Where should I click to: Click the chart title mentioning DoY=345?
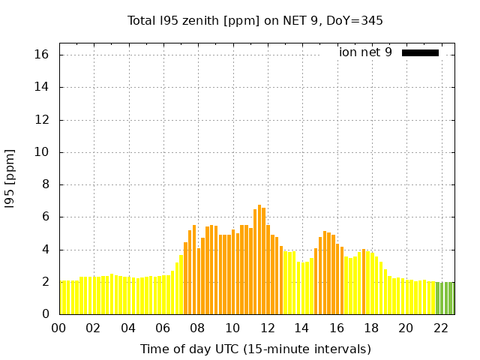coord(255,21)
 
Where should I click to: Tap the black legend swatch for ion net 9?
coord(420,52)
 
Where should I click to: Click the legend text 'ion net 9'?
coord(365,52)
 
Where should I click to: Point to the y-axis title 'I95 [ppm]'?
coord(10,178)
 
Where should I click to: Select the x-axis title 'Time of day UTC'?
coord(255,349)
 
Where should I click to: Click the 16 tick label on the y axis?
coord(42,55)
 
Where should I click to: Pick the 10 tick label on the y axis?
coord(42,152)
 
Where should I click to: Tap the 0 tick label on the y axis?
coord(45,314)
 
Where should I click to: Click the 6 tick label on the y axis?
coord(45,217)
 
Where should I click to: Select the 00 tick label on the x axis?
coord(59,328)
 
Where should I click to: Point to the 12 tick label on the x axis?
coord(267,328)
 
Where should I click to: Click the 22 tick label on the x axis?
coord(440,328)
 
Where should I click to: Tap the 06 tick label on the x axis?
coord(163,328)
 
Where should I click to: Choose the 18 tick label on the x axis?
coord(371,328)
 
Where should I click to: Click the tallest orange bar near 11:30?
coord(259,259)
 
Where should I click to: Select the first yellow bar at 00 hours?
coord(61,298)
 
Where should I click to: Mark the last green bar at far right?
coord(451,298)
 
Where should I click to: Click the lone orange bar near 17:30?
coord(364,282)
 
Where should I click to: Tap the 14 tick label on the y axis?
coord(42,87)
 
